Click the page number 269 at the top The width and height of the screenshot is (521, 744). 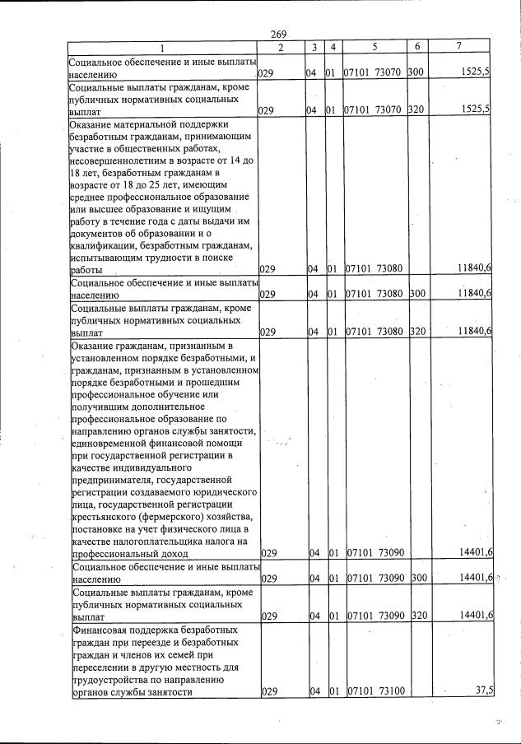tap(277, 34)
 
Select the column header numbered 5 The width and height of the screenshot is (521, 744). tap(374, 48)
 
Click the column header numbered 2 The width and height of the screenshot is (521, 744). tap(281, 48)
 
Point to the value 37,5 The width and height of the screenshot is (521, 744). tap(479, 691)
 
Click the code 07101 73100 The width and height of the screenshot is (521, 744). tap(374, 692)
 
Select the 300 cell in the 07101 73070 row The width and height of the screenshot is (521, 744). tap(416, 72)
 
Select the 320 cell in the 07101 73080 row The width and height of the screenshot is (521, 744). tap(416, 331)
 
